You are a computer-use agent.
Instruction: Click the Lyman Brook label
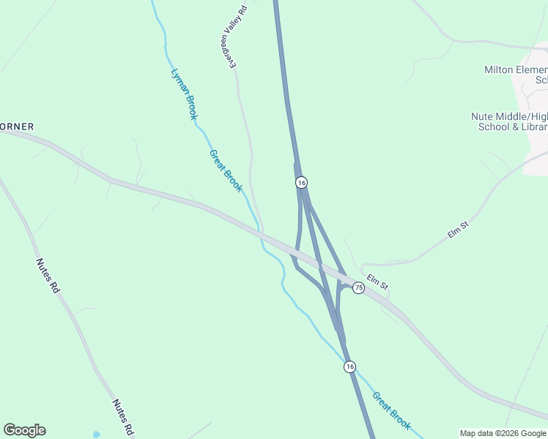[x=184, y=94]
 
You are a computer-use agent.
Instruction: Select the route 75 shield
[x=358, y=288]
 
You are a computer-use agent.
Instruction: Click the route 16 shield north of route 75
[x=301, y=182]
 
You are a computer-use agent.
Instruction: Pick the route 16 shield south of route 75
[x=349, y=367]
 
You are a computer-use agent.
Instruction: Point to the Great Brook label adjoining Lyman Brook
[x=226, y=171]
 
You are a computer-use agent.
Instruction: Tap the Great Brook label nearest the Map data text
[x=391, y=410]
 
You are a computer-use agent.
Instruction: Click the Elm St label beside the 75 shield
[x=377, y=281]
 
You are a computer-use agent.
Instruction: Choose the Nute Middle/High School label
[x=510, y=121]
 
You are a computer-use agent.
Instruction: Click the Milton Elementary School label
[x=516, y=75]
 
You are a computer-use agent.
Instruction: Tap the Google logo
[x=24, y=430]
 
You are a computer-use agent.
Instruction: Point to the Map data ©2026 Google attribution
[x=503, y=433]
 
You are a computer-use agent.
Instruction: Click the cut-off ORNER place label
[x=17, y=127]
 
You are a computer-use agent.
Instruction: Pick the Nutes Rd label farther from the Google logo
[x=46, y=276]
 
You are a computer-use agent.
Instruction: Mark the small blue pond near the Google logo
[x=97, y=435]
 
